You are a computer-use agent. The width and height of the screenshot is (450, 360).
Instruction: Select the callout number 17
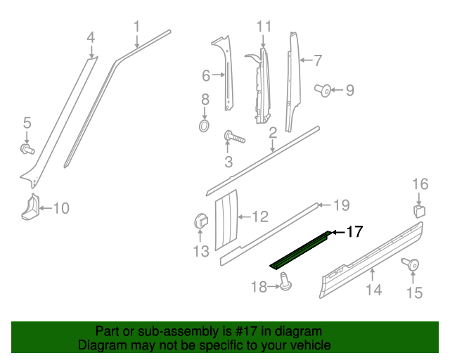[354, 231]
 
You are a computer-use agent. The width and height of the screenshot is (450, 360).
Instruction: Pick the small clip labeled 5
[27, 149]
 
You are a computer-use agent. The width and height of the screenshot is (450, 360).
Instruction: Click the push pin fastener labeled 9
[325, 90]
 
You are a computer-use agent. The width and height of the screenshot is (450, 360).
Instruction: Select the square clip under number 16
[419, 211]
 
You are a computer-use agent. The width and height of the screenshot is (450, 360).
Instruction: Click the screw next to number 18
[286, 281]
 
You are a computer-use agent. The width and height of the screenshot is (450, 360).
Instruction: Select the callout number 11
[264, 27]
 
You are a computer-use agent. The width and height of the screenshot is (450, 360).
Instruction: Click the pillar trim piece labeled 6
[227, 74]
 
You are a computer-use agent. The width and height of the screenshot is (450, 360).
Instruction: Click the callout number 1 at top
[137, 27]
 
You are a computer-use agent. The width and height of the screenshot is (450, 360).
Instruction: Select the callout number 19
[341, 206]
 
